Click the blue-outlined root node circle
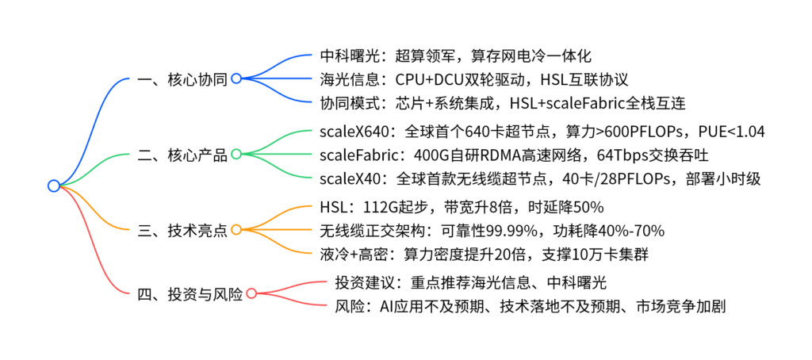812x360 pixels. (54, 186)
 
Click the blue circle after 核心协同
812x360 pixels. (236, 79)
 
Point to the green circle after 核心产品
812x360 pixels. (236, 155)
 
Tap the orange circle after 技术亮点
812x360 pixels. (236, 230)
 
